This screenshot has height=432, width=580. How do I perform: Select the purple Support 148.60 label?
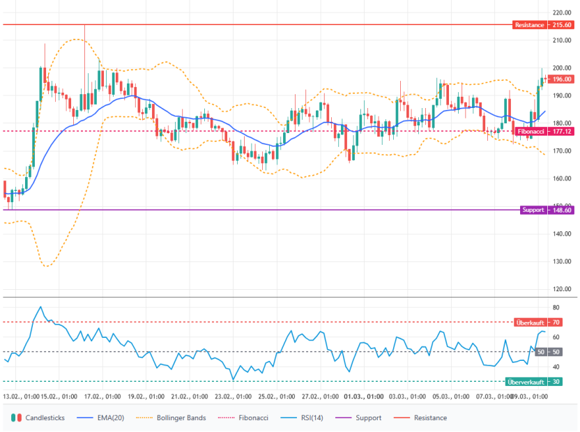(x=547, y=210)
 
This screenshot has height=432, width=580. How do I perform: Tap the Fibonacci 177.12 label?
(x=544, y=131)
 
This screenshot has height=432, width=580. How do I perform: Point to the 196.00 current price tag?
(x=562, y=79)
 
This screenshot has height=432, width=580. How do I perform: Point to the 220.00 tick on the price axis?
(x=562, y=13)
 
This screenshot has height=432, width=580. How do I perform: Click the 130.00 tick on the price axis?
(x=562, y=261)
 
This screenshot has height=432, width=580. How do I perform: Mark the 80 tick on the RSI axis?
(x=556, y=307)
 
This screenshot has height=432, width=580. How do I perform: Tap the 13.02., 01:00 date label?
(x=22, y=396)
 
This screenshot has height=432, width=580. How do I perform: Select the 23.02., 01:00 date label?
(x=234, y=396)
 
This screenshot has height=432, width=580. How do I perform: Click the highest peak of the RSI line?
(x=41, y=307)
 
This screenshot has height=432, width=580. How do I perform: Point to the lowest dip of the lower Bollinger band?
(x=46, y=266)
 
